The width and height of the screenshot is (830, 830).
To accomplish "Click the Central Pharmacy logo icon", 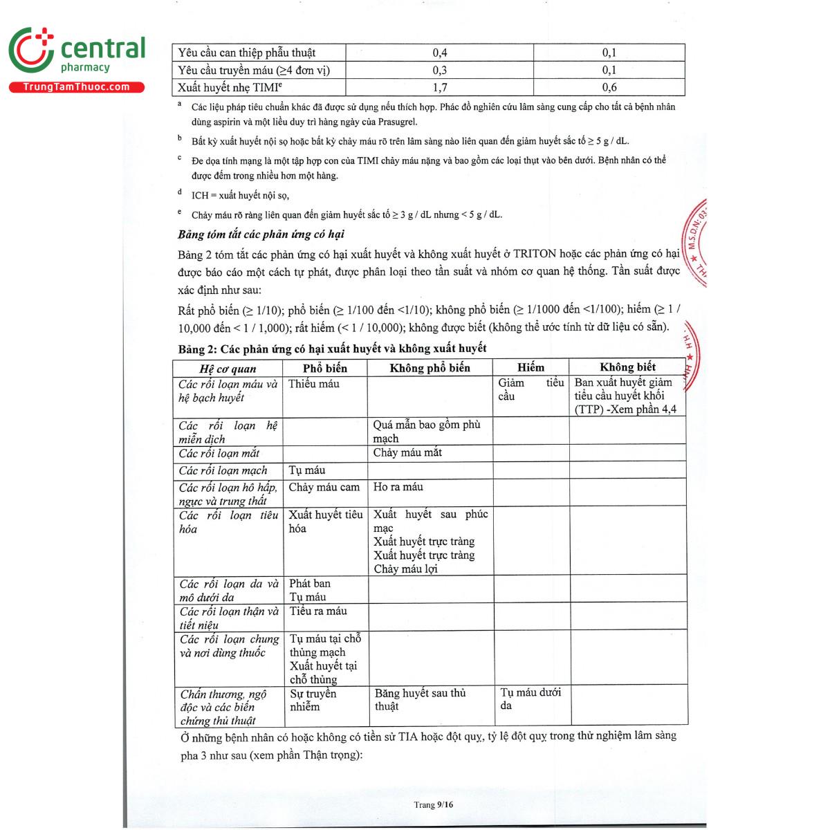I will tap(31, 50).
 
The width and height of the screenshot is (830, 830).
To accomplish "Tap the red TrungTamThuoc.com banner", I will tap(76, 87).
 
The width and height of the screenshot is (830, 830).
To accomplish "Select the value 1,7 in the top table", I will tap(439, 87).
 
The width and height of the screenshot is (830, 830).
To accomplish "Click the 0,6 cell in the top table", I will tap(609, 87).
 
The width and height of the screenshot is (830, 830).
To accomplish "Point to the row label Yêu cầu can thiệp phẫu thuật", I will tap(246, 53).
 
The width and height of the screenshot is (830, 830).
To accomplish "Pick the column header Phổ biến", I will tap(324, 368).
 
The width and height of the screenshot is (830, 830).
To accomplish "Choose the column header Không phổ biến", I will tap(430, 368).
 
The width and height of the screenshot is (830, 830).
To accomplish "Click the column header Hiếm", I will tap(531, 367).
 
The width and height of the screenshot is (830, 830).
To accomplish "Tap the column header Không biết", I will tap(627, 367).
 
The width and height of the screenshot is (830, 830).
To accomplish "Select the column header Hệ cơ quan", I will tap(228, 369).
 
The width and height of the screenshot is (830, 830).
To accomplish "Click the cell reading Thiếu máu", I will tap(314, 384).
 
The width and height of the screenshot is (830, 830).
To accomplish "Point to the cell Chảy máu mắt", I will tap(407, 453).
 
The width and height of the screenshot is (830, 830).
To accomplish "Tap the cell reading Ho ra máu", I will tap(398, 487).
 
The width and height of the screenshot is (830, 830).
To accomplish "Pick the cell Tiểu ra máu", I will tap(318, 611).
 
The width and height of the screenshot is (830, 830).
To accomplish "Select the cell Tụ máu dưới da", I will tap(531, 699).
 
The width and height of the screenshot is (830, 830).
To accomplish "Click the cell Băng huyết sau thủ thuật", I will tap(420, 699).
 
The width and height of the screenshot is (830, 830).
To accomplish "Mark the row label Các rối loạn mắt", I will tap(219, 454).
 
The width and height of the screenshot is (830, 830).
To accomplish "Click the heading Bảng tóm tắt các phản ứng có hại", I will tap(261, 234).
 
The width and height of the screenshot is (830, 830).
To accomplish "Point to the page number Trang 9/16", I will tap(434, 804).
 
